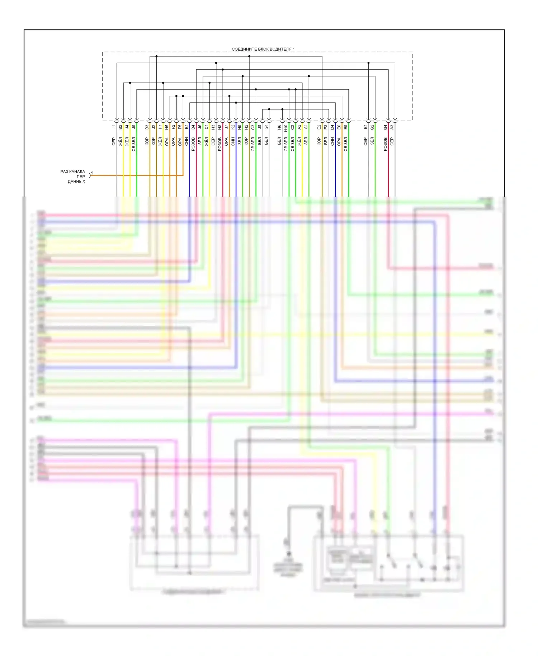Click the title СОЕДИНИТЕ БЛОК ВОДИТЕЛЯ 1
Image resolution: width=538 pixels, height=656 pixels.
(263, 49)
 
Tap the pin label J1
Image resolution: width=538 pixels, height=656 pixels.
(114, 127)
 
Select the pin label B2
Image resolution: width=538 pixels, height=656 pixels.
(121, 127)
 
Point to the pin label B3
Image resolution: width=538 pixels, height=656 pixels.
(147, 127)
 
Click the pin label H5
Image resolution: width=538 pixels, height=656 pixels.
(167, 127)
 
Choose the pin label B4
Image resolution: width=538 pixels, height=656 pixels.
(193, 127)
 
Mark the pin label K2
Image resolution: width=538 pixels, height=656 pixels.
(233, 127)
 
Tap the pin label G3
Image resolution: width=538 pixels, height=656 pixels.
(253, 127)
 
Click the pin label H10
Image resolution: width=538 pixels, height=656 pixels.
(286, 128)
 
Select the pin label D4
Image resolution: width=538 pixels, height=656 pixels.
(332, 127)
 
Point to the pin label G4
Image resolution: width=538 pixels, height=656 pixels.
(386, 127)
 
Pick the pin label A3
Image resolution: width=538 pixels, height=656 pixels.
(392, 127)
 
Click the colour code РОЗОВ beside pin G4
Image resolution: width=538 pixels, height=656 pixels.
(386, 144)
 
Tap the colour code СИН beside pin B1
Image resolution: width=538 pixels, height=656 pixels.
(187, 141)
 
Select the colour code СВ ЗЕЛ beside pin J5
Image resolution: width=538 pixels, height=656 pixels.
(134, 144)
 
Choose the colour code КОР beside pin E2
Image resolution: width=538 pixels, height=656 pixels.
(319, 141)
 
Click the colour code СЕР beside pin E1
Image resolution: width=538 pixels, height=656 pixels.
(365, 141)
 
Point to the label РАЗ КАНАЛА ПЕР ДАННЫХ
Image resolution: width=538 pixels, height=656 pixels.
(73, 177)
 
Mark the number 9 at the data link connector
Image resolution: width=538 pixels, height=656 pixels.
(92, 173)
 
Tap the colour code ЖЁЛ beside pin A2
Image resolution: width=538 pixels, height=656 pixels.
(299, 141)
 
